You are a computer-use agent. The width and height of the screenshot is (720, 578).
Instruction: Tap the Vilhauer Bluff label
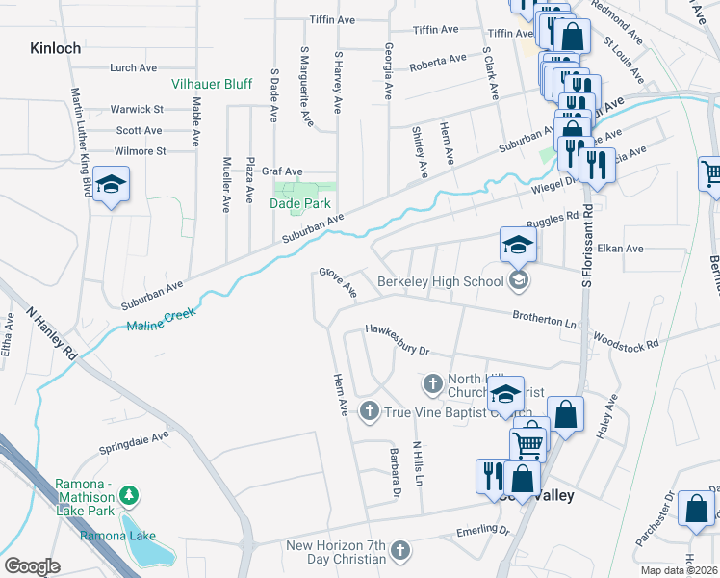pyautogui.click(x=212, y=84)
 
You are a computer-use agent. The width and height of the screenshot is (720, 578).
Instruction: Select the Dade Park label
pyautogui.click(x=301, y=203)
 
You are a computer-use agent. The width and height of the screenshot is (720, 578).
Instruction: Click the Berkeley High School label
pyautogui.click(x=440, y=281)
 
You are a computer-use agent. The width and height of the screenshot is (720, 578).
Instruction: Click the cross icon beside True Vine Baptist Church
pyautogui.click(x=368, y=412)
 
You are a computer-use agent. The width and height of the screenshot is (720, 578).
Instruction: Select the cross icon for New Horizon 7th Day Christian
pyautogui.click(x=400, y=552)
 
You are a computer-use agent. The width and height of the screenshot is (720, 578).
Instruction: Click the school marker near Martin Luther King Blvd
pyautogui.click(x=111, y=186)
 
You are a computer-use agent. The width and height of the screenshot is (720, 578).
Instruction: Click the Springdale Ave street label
pyautogui.click(x=134, y=442)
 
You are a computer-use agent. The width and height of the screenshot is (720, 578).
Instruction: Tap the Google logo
pyautogui.click(x=32, y=566)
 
